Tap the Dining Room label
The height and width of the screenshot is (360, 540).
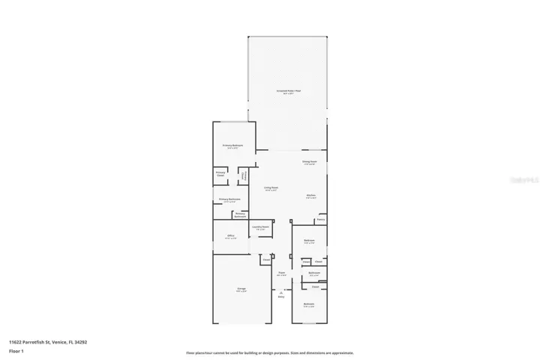(x=310, y=161)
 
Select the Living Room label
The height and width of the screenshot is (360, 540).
(x=271, y=187)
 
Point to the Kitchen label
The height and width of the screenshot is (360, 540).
(x=310, y=196)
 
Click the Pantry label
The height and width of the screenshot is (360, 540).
(x=320, y=220)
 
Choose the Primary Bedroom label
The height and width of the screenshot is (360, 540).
(x=232, y=145)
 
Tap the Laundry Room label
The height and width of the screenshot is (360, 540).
(x=260, y=226)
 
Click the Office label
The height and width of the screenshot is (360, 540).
(x=231, y=235)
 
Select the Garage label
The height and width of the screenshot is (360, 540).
(x=242, y=289)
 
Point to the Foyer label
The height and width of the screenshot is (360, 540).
(x=281, y=273)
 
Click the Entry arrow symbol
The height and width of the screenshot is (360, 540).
(x=281, y=292)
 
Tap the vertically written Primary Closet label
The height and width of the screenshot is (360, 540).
(x=243, y=176)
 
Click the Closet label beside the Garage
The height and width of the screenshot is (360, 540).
(x=265, y=260)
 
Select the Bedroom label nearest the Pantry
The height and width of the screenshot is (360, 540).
(x=309, y=241)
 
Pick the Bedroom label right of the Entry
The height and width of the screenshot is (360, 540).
(x=309, y=304)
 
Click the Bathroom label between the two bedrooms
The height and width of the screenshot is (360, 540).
(x=314, y=272)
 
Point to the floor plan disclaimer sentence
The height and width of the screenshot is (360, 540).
(x=270, y=352)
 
